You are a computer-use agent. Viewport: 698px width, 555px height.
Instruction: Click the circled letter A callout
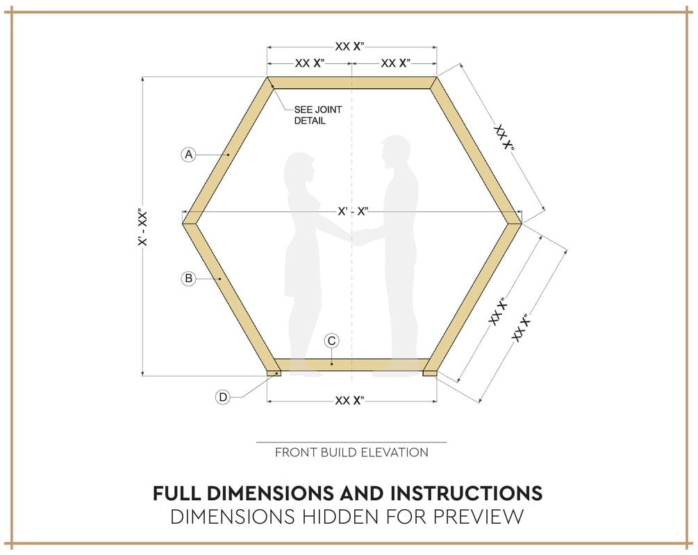pos(189,154)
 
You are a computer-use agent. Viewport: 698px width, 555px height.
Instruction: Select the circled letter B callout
pos(189,279)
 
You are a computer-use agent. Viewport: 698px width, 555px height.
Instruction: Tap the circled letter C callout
pos(332,341)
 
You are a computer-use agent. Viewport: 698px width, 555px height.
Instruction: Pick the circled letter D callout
pos(223,397)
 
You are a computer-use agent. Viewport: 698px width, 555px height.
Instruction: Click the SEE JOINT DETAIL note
pos(318,115)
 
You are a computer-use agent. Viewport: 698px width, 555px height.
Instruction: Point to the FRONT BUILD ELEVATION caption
pos(351,453)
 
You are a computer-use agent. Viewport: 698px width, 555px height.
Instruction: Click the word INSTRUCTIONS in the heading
pos(467,493)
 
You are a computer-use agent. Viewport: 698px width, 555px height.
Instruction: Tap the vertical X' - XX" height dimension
pos(142,227)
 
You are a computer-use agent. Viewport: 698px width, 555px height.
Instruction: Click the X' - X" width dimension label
pos(353,211)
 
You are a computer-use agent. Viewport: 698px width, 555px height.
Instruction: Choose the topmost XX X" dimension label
pos(350,47)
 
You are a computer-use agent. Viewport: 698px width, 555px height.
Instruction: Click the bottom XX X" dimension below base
pos(350,401)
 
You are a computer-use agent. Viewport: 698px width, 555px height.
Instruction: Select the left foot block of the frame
pos(274,374)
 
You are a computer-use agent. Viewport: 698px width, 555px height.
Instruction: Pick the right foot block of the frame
pos(430,374)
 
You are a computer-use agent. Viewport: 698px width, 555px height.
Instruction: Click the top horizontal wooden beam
pos(351,83)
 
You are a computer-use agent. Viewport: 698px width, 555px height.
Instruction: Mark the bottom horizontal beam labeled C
pos(351,365)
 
